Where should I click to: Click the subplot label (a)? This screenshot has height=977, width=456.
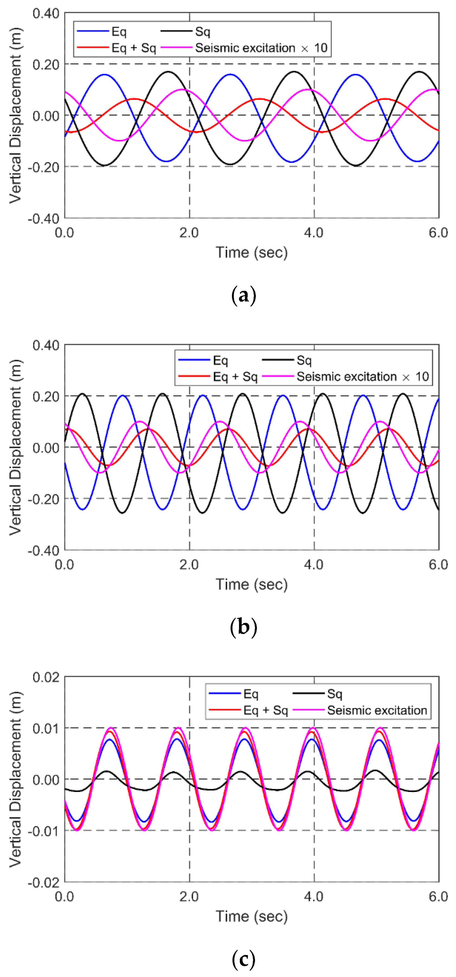[244, 295]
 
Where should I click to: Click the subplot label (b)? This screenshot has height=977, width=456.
[244, 627]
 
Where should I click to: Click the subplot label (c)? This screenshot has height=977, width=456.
[244, 959]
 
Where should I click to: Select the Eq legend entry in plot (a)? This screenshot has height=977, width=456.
[119, 32]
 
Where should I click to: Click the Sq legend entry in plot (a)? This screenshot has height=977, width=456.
[203, 32]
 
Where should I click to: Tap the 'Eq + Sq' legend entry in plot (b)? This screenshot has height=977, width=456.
[235, 377]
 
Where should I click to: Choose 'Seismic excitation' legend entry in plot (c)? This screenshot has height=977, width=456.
[377, 710]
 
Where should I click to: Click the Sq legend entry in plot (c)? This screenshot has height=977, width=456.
[334, 694]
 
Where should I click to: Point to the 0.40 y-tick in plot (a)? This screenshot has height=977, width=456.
[46, 14]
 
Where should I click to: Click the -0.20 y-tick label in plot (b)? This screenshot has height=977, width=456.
[44, 499]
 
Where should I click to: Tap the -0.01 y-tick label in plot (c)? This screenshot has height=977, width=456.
[44, 831]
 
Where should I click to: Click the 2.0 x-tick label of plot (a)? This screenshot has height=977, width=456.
[189, 232]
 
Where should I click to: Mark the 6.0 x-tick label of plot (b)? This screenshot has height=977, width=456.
[438, 564]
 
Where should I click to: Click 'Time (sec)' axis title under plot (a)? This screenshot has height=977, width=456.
[251, 253]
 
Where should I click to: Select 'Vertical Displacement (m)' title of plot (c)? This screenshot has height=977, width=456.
[15, 779]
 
